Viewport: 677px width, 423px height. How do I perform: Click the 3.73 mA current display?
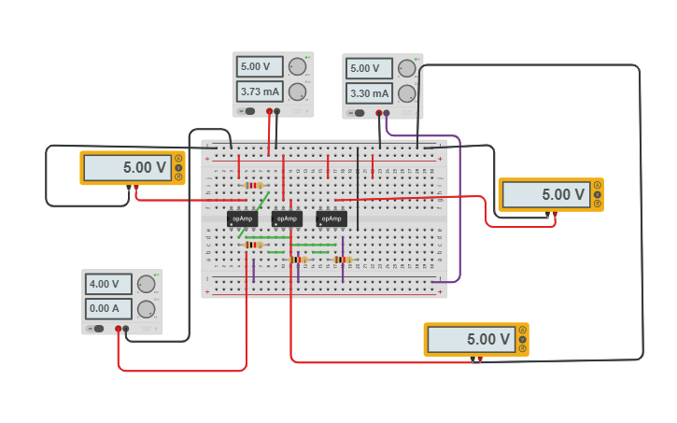click(x=261, y=92)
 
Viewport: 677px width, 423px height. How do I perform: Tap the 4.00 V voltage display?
click(x=108, y=284)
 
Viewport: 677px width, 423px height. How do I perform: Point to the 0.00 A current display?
click(x=108, y=308)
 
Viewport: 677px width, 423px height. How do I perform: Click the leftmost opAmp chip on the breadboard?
click(x=242, y=219)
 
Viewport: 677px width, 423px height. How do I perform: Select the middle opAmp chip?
click(x=287, y=219)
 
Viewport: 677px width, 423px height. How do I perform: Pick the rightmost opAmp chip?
click(x=331, y=219)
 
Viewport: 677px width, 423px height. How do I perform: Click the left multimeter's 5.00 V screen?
click(x=128, y=168)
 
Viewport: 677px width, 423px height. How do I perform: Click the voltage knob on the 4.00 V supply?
click(x=146, y=285)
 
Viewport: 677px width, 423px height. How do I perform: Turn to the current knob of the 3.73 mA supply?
click(x=297, y=92)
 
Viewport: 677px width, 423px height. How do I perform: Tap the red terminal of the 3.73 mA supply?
click(x=270, y=111)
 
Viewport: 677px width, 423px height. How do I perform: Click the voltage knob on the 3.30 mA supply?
click(x=406, y=68)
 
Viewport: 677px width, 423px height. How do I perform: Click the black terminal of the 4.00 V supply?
click(x=126, y=329)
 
